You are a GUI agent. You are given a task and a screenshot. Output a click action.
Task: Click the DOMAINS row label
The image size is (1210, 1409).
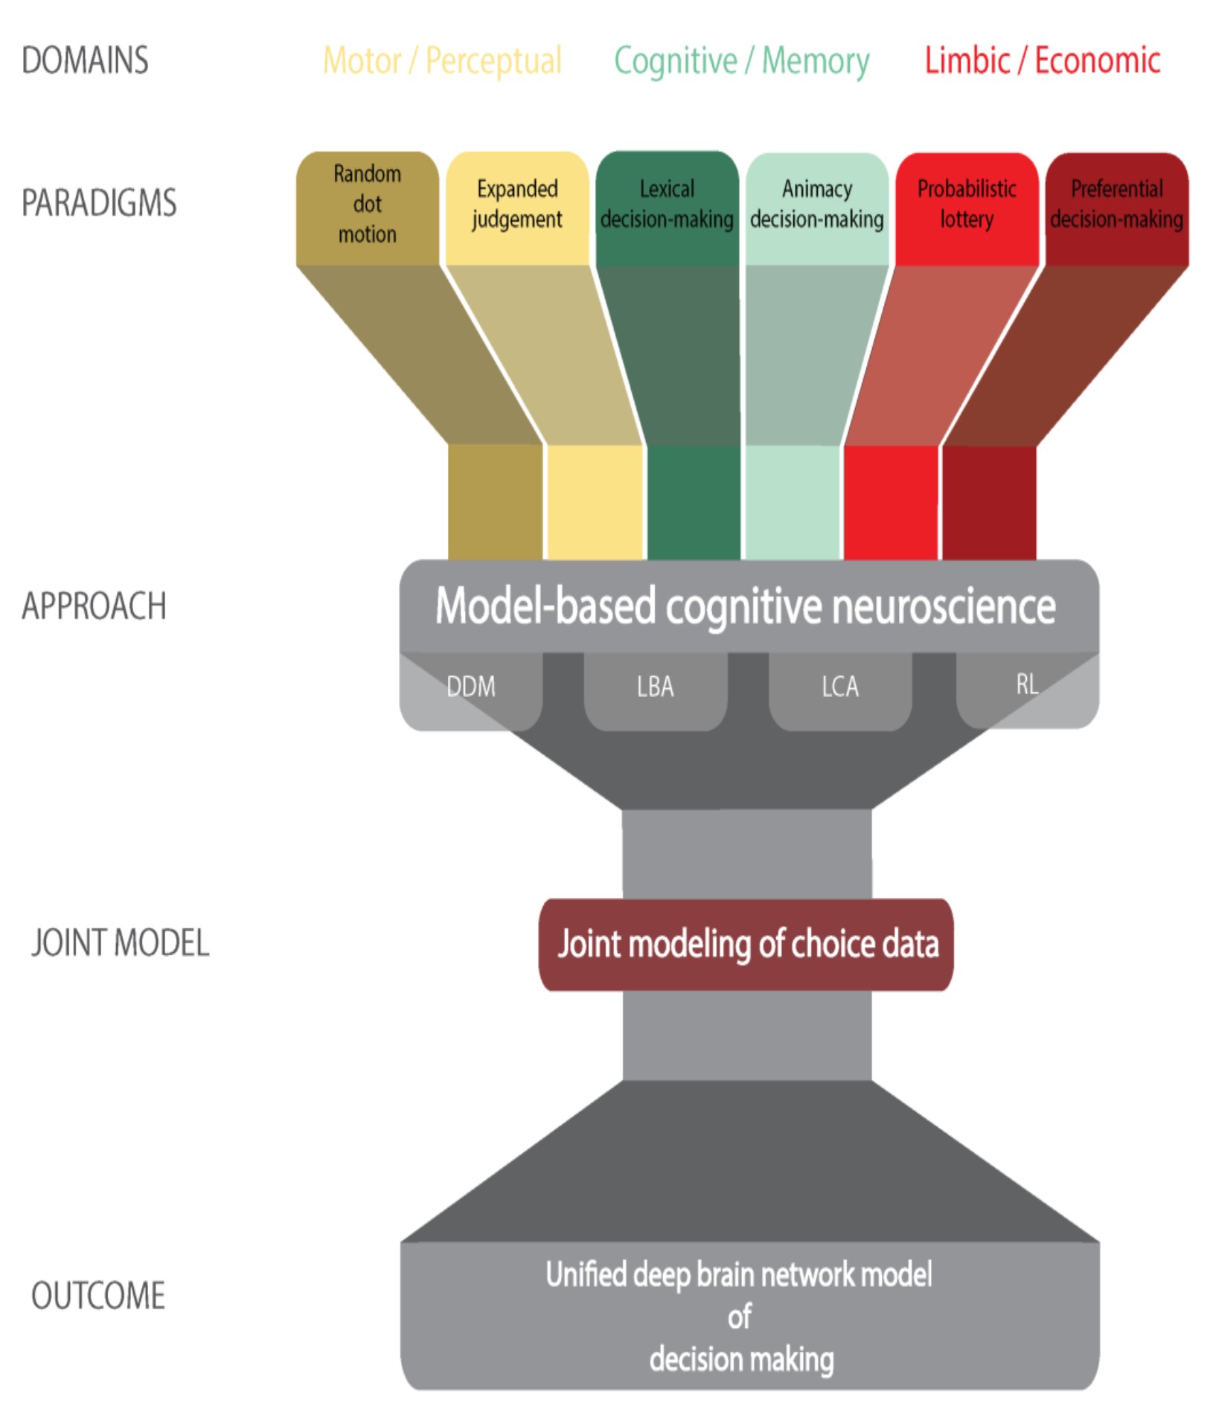tap(85, 60)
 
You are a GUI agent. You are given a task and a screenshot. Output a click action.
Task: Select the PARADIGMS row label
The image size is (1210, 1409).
tap(99, 203)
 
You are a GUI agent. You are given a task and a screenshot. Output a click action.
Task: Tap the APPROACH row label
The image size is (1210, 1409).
tap(94, 606)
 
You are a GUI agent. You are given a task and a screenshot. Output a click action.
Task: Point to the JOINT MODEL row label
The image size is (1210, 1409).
tap(120, 943)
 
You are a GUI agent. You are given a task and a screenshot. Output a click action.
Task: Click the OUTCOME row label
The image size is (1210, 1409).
tap(97, 1295)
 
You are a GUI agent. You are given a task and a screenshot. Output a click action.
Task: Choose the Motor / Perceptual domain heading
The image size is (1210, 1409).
tap(442, 61)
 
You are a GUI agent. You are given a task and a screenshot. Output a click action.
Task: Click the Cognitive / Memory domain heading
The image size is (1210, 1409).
tap(741, 61)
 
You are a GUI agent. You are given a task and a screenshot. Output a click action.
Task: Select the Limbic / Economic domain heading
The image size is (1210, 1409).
tap(1042, 61)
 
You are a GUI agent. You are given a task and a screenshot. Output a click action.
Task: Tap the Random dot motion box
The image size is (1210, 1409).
tap(367, 205)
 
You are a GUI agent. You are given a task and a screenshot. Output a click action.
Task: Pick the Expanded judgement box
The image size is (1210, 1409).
tap(517, 205)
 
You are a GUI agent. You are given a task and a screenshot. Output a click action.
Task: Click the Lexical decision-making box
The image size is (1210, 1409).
tap(667, 205)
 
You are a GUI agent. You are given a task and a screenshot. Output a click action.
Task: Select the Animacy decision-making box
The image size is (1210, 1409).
tap(816, 205)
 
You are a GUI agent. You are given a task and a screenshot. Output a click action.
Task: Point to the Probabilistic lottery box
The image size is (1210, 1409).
tap(966, 205)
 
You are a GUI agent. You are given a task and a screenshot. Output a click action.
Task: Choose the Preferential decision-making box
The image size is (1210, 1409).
tap(1116, 205)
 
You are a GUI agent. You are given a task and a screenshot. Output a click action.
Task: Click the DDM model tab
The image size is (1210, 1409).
tap(471, 686)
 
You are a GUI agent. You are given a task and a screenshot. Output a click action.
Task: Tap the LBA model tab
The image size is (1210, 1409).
tap(655, 686)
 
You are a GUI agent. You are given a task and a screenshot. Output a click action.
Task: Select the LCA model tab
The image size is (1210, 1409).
tap(839, 686)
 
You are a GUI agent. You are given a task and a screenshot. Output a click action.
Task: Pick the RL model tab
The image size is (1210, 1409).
tap(1027, 684)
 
